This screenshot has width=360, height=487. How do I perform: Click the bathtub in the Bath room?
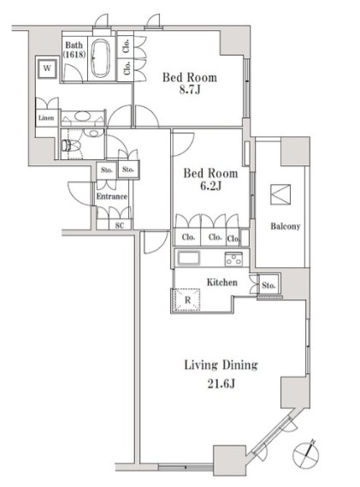pyautogui.click(x=100, y=58)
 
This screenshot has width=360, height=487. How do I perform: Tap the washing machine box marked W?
pyautogui.click(x=47, y=68)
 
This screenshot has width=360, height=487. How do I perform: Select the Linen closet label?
pyautogui.click(x=46, y=118)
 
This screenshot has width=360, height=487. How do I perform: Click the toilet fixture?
pyautogui.click(x=70, y=145)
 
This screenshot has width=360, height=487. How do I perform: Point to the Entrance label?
pyautogui.click(x=111, y=196)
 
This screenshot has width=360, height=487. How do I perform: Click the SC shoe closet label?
pyautogui.click(x=120, y=225)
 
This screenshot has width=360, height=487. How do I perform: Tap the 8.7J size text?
pyautogui.click(x=190, y=90)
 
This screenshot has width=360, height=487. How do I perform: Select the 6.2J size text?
pyautogui.click(x=210, y=186)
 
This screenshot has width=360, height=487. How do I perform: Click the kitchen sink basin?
pyautogui.click(x=188, y=258)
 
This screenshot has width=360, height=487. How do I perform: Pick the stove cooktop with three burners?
pyautogui.click(x=233, y=258)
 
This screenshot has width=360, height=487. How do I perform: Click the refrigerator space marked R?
pyautogui.click(x=187, y=300)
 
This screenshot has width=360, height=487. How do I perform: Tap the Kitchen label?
pyautogui.click(x=222, y=282)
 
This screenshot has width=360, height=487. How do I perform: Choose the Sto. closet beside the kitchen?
pyautogui.click(x=269, y=285)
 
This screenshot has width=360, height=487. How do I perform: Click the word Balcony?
pyautogui.click(x=286, y=226)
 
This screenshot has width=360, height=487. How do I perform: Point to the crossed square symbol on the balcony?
pyautogui.click(x=280, y=195)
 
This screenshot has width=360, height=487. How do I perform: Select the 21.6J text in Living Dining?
pyautogui.click(x=221, y=384)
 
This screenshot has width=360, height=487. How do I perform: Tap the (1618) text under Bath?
pyautogui.click(x=74, y=55)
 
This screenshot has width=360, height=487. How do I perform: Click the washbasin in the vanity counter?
pyautogui.click(x=81, y=116)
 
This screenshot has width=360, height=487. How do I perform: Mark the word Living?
pyautogui.click(x=202, y=365)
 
